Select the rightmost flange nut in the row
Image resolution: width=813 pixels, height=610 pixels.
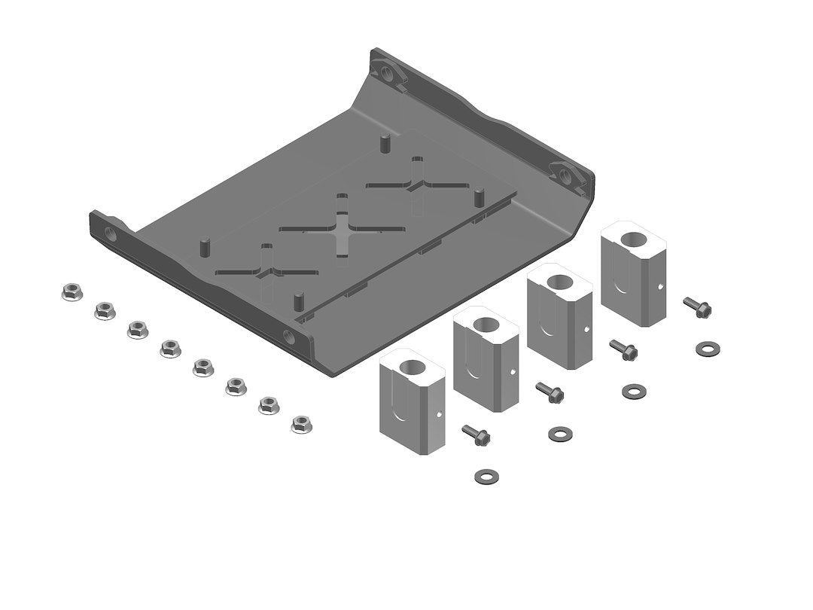tap(302, 424)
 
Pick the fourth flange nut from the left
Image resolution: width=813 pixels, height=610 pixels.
tap(169, 348)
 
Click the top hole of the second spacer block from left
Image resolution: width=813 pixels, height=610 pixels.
tap(486, 325)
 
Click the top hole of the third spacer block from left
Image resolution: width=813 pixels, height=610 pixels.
tap(559, 282)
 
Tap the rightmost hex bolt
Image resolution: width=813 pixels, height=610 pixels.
tap(697, 306)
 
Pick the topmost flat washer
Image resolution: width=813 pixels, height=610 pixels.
tap(706, 348)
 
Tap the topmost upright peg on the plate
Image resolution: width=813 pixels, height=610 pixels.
tap(385, 141)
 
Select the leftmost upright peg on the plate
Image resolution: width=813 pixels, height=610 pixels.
tap(202, 247)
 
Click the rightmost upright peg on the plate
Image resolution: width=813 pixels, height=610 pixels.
tap(478, 198)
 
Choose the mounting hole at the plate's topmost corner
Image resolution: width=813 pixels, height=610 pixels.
tap(387, 74)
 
